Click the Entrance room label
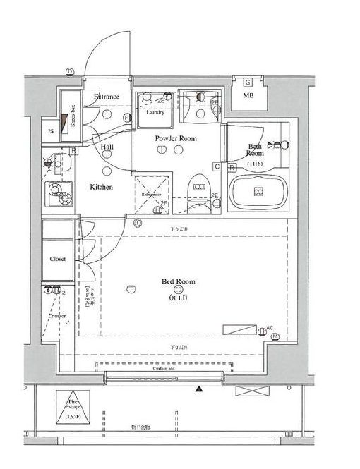click(107, 97)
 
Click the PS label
click(51, 130)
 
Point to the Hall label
click(107, 147)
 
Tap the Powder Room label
click(176, 138)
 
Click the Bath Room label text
click(255, 150)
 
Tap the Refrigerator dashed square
click(152, 193)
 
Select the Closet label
click(57, 259)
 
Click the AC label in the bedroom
click(270, 328)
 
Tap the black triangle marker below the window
click(200, 389)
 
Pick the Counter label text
click(57, 316)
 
